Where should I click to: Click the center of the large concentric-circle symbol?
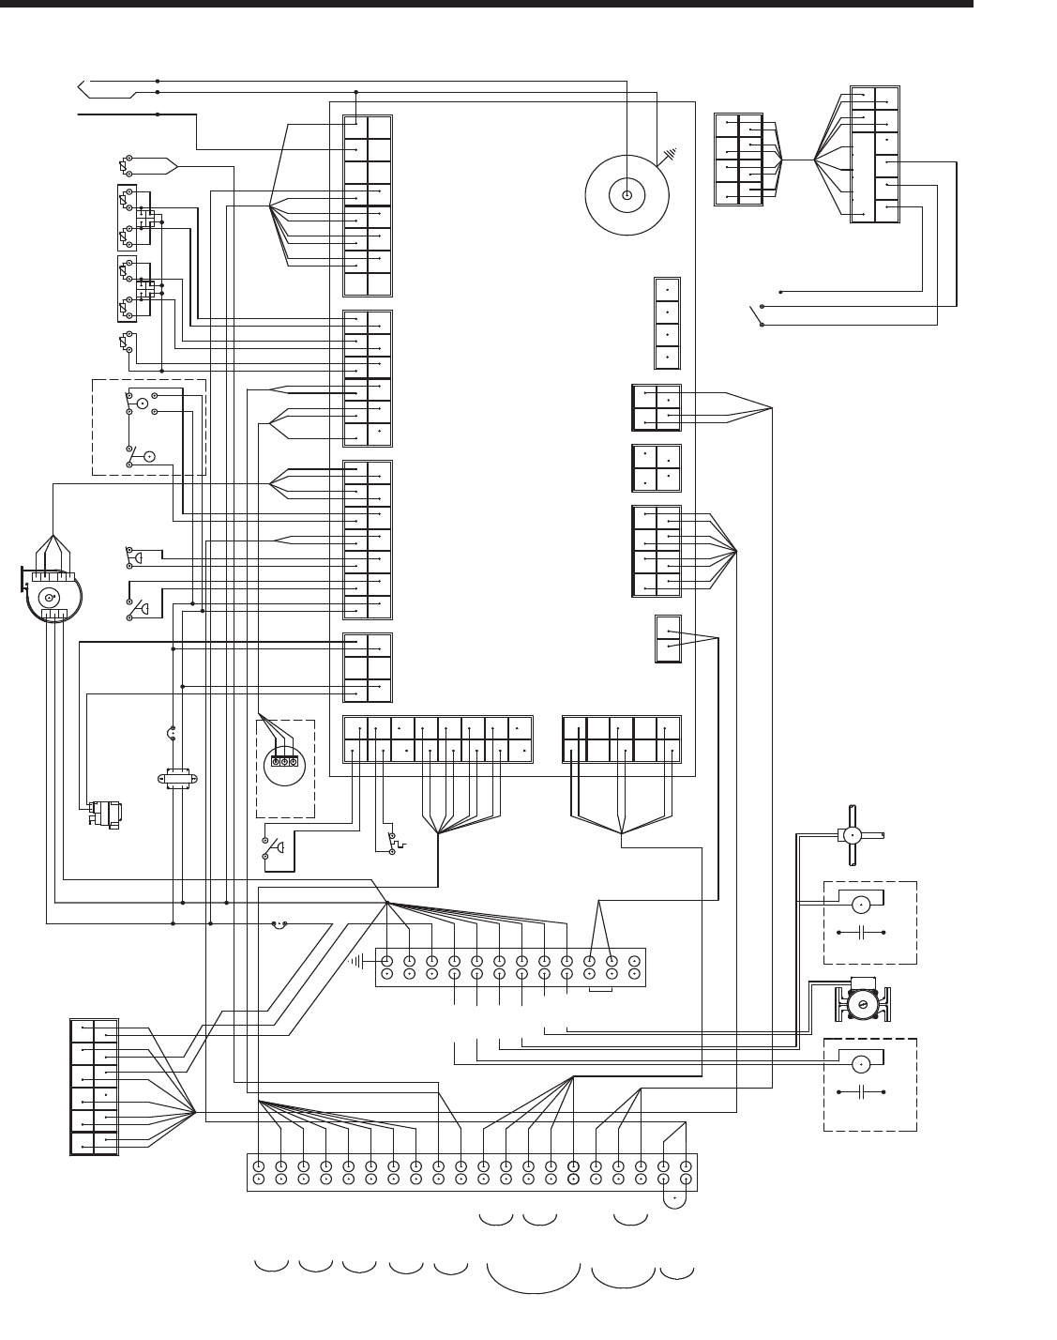(627, 196)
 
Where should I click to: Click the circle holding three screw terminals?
(283, 761)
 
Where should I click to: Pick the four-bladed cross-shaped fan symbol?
(852, 836)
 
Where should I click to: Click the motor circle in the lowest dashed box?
(860, 1064)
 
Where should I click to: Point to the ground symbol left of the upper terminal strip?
(358, 960)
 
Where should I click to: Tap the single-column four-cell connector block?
(667, 323)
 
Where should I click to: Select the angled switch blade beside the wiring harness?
(755, 314)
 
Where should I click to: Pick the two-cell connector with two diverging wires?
(668, 639)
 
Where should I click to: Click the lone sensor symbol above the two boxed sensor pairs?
(125, 166)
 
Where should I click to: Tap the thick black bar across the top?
(487, 4)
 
